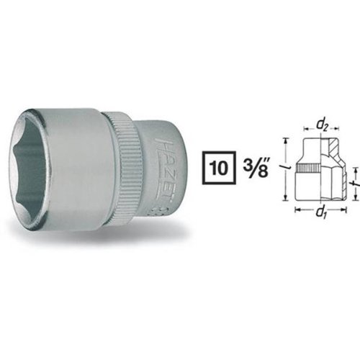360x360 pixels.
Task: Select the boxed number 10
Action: click(x=220, y=168)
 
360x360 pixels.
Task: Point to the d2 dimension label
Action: click(x=322, y=127)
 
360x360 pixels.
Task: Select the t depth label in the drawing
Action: click(x=357, y=184)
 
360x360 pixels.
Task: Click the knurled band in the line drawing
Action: click(x=308, y=168)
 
